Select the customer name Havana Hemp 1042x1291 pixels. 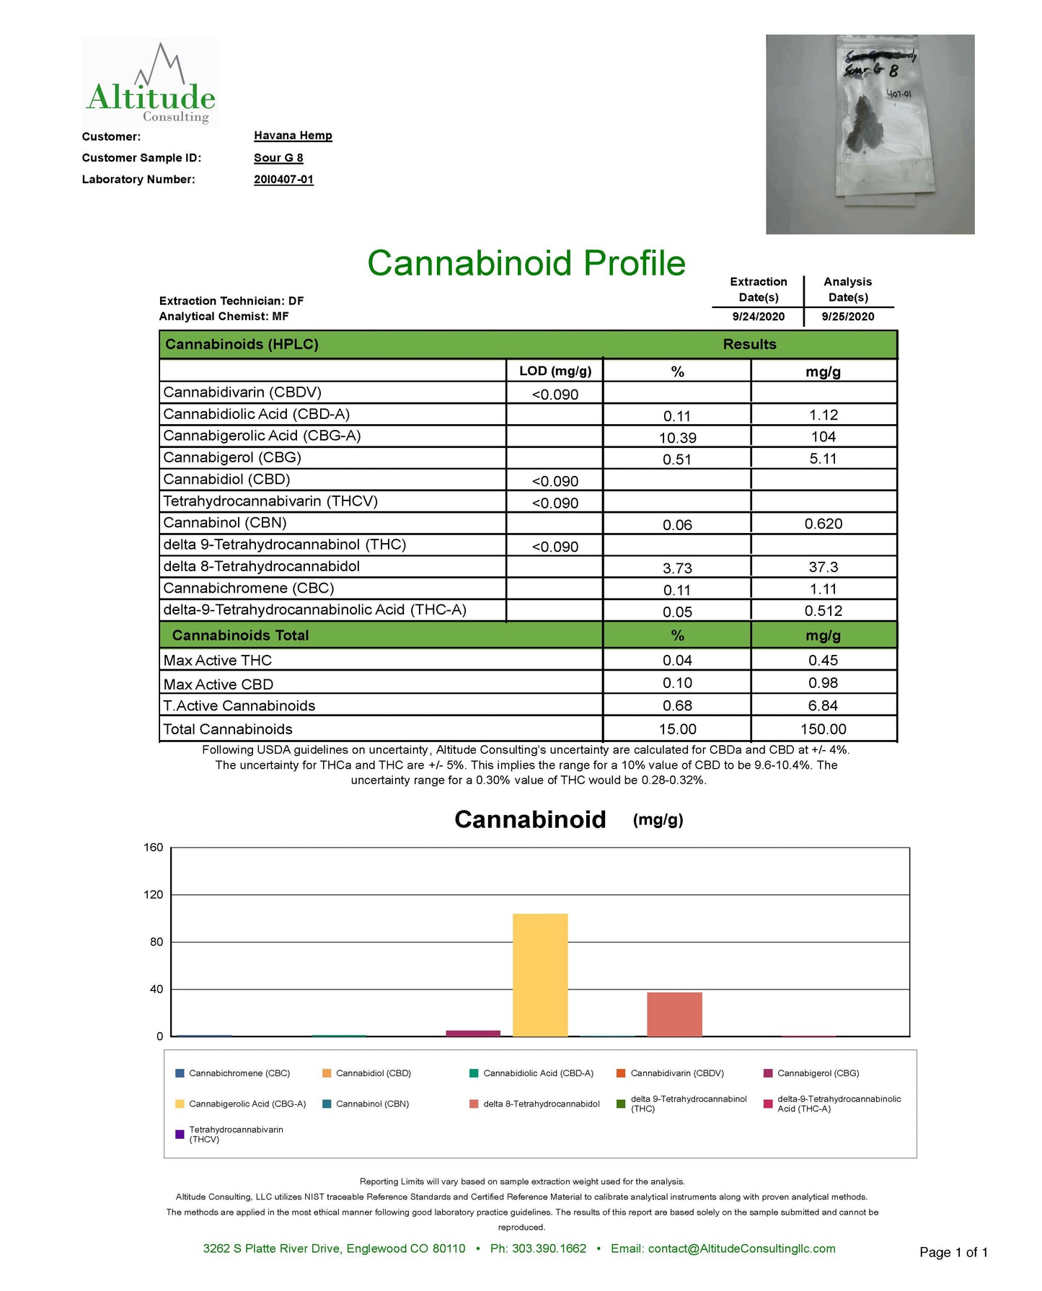click(x=293, y=136)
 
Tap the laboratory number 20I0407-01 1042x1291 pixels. click(x=283, y=180)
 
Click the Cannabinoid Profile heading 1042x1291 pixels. click(x=526, y=263)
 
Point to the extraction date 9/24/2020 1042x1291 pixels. click(x=758, y=317)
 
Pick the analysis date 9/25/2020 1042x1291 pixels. click(x=847, y=317)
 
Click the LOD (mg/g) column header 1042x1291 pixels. click(x=555, y=371)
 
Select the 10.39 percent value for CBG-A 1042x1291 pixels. click(x=677, y=438)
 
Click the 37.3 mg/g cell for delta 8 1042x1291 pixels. click(x=823, y=568)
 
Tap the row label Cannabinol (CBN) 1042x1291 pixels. click(x=225, y=523)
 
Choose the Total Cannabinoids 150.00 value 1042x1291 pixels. click(x=823, y=729)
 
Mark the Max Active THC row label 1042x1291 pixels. click(x=218, y=661)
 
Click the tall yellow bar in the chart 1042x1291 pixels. click(x=540, y=974)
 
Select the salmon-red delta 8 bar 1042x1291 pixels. click(x=674, y=1014)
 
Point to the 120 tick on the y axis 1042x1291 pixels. click(x=154, y=895)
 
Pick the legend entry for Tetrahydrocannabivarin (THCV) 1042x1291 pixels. click(x=235, y=1134)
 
